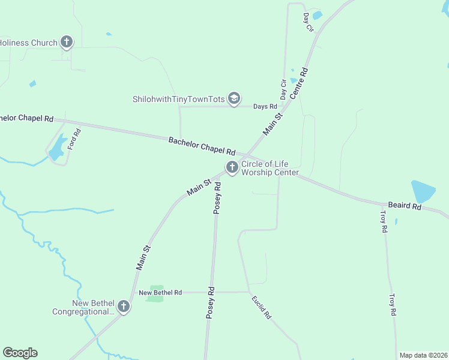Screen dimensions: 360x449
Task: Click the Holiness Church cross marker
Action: tap(67, 42)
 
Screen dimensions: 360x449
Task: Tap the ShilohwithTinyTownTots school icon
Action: tap(234, 98)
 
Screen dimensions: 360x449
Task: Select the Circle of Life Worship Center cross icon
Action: tap(232, 167)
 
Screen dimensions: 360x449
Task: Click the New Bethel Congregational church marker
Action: tap(123, 307)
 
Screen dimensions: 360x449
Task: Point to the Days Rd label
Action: tap(265, 107)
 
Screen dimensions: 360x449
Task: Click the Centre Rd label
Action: tap(298, 83)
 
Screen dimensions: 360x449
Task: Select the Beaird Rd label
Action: tap(404, 205)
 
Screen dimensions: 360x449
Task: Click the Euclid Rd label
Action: tap(262, 307)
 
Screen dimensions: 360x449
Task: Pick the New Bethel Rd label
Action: tap(160, 292)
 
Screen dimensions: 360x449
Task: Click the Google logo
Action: tap(20, 353)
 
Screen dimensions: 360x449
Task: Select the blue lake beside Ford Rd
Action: tap(58, 148)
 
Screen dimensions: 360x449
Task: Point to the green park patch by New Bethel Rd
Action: tap(155, 293)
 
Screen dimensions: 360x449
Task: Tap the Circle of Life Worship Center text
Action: tap(270, 168)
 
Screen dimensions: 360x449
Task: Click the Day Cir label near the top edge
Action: tap(309, 22)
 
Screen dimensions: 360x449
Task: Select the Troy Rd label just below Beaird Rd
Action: tap(385, 220)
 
